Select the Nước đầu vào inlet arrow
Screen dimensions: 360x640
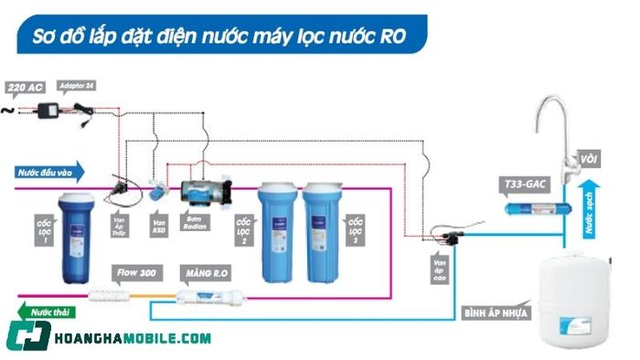[x=51, y=171]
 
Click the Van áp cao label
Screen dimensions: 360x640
[x=443, y=269]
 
